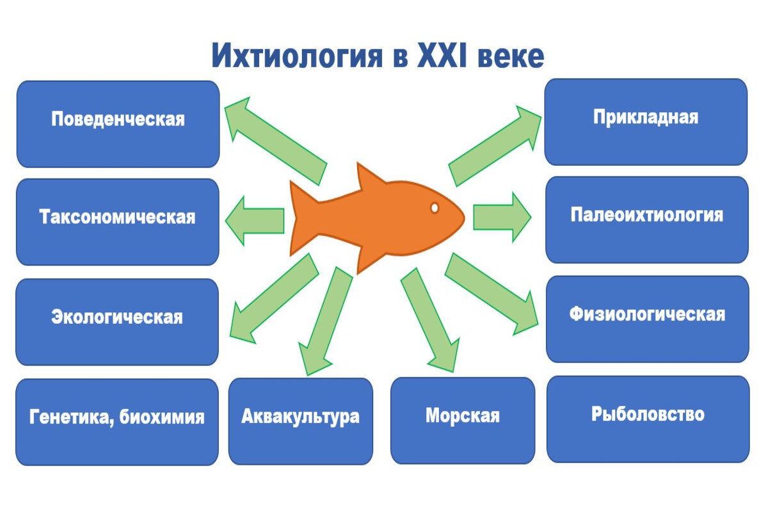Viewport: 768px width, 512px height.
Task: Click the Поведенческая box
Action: click(118, 124)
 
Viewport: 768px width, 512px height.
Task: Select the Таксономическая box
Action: click(117, 221)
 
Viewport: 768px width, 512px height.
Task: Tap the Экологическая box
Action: click(117, 321)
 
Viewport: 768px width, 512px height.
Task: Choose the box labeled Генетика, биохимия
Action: click(117, 422)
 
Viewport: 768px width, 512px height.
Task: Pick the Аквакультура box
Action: click(300, 420)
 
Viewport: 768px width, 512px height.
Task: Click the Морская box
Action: click(462, 420)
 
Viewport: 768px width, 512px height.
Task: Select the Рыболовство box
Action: click(647, 419)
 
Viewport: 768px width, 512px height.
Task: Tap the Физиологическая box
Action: click(647, 319)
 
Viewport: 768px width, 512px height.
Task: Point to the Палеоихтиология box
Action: click(646, 219)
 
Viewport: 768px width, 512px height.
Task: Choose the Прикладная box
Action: click(645, 122)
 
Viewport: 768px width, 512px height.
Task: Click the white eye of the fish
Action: click(435, 208)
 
